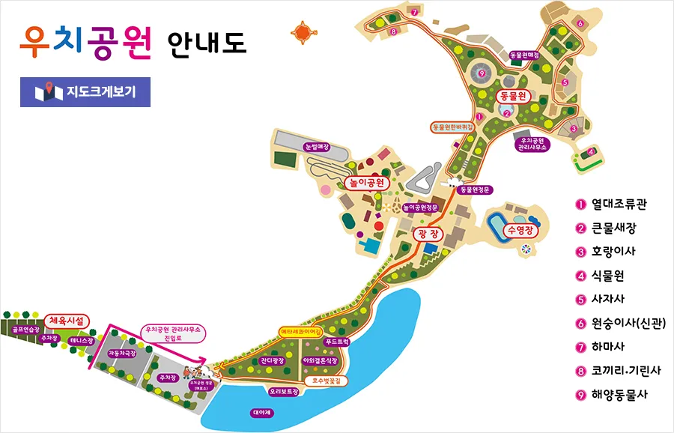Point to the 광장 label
tap(428, 235)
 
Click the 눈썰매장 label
tap(318, 148)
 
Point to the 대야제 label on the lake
tap(263, 413)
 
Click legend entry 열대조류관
tap(619, 204)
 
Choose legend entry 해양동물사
tap(619, 395)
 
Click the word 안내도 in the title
tap(207, 42)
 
